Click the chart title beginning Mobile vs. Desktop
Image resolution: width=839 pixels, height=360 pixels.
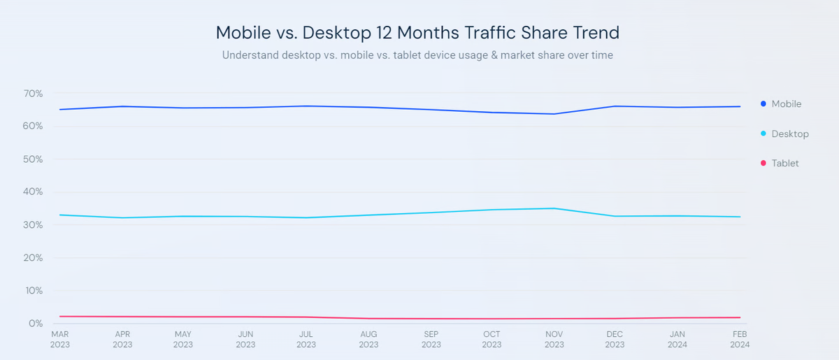click(417, 32)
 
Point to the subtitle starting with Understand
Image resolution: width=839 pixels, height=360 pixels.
click(417, 55)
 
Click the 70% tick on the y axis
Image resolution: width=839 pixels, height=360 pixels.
click(33, 94)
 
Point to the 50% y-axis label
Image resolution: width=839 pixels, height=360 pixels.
click(33, 159)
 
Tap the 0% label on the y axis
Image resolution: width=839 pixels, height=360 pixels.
click(36, 324)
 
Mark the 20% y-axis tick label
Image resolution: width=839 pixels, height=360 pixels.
click(33, 258)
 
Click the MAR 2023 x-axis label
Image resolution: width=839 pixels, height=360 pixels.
click(59, 339)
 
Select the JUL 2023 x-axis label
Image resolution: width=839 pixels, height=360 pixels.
click(306, 339)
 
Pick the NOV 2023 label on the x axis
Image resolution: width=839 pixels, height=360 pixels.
click(554, 339)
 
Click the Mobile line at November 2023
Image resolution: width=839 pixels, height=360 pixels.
click(554, 114)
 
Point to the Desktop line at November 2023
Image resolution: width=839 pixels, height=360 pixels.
click(554, 208)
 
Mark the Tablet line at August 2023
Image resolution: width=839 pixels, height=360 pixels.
click(368, 319)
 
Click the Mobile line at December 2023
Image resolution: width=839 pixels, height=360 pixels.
click(615, 106)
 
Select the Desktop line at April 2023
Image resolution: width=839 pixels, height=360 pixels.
click(122, 217)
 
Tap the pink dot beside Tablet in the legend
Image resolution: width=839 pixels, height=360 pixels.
click(763, 163)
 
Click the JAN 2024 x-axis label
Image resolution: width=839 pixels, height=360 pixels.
click(677, 339)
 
